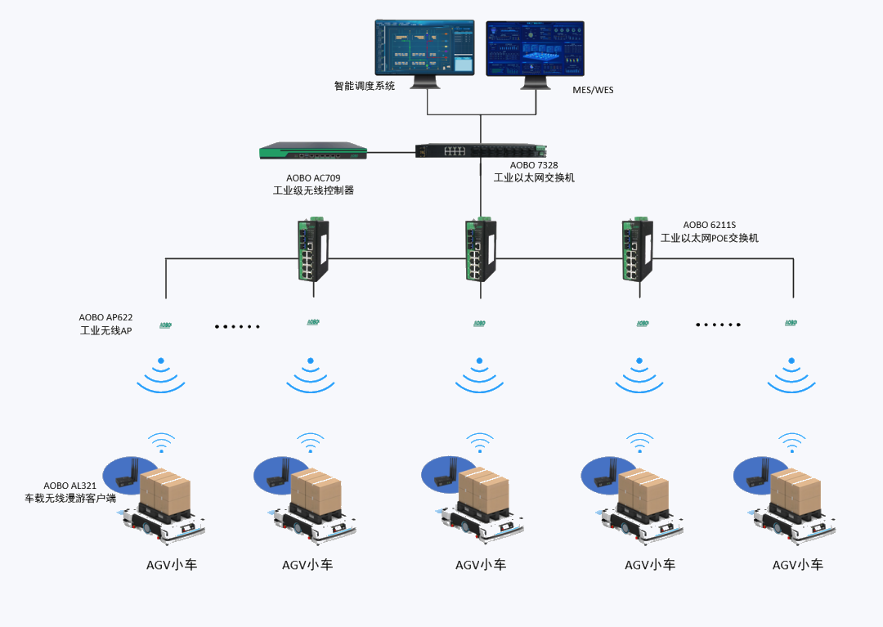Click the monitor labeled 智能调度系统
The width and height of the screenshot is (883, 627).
[424, 48]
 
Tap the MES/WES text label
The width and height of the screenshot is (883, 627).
[593, 90]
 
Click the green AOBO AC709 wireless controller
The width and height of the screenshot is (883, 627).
[313, 150]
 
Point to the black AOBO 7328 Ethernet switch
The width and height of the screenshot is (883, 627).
[480, 150]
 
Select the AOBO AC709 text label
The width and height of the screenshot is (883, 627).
[313, 178]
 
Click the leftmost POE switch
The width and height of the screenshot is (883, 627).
[312, 249]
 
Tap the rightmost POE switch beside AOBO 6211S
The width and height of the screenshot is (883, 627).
[637, 249]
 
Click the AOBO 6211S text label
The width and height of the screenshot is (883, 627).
[710, 225]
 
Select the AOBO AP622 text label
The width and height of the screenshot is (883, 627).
[105, 317]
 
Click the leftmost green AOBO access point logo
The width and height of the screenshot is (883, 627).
[165, 325]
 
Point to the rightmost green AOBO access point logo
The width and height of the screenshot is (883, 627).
[791, 323]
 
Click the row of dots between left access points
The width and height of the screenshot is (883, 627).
[237, 327]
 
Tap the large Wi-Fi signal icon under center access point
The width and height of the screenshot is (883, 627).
[479, 374]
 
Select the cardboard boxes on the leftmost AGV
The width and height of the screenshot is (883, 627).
[165, 491]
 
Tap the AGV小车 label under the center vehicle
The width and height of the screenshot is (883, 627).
[480, 565]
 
